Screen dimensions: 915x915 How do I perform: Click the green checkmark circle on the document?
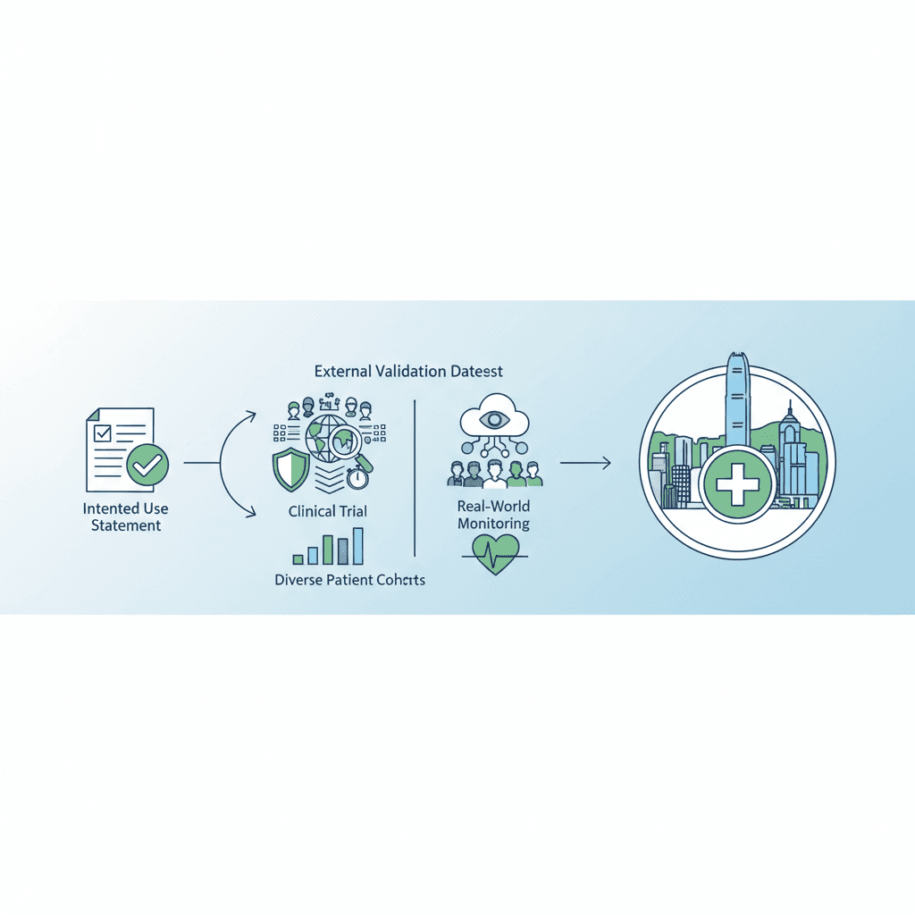pyautogui.click(x=147, y=465)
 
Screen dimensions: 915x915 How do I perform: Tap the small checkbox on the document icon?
pyautogui.click(x=103, y=432)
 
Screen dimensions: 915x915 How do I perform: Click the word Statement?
pyautogui.click(x=126, y=525)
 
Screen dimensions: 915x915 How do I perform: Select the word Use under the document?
pyautogui.click(x=155, y=508)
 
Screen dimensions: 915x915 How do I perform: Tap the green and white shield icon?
pyautogui.click(x=290, y=469)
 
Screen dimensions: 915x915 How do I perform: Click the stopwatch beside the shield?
pyautogui.click(x=357, y=478)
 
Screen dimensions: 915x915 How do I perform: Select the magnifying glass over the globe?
pyautogui.click(x=348, y=447)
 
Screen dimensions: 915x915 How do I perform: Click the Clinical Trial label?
pyautogui.click(x=327, y=512)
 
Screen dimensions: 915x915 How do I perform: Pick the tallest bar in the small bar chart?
pyautogui.click(x=357, y=546)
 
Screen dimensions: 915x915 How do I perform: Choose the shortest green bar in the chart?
pyautogui.click(x=298, y=559)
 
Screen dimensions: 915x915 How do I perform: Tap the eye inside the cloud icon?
pyautogui.click(x=495, y=418)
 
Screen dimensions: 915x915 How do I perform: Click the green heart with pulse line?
pyautogui.click(x=495, y=554)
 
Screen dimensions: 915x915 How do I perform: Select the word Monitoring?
pyautogui.click(x=493, y=524)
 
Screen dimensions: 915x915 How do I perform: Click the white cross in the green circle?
pyautogui.click(x=737, y=484)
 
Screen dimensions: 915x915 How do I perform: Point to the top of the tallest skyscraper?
pyautogui.click(x=737, y=352)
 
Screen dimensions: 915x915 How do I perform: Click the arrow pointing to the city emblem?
pyautogui.click(x=585, y=464)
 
